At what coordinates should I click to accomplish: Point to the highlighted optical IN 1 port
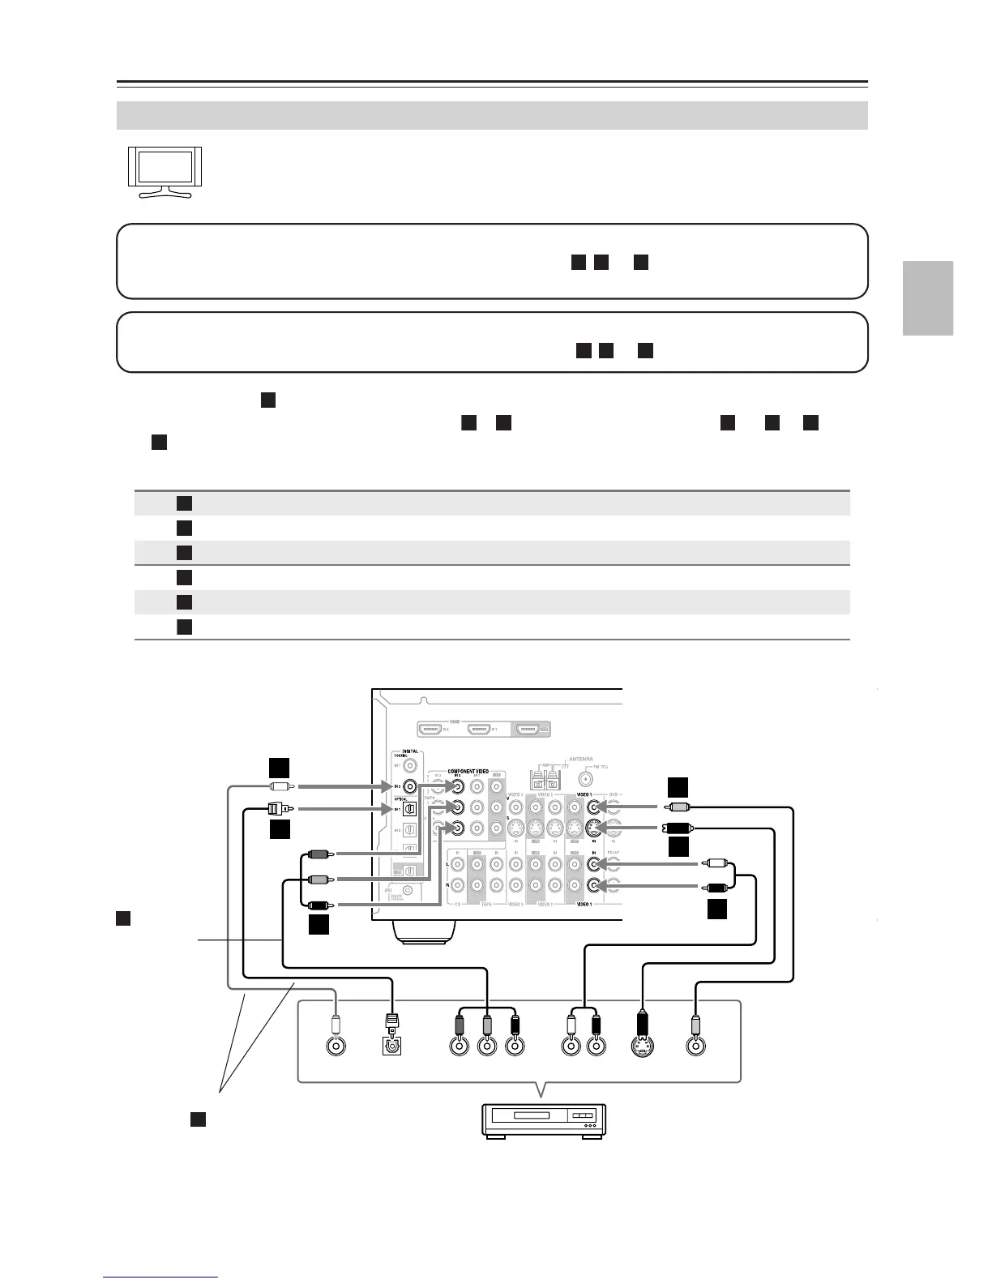coord(410,808)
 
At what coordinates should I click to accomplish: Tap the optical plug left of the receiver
coord(276,808)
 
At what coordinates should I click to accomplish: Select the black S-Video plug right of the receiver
coord(676,828)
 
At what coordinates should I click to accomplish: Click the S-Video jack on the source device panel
coord(642,1046)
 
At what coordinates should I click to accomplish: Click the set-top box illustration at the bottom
coord(543,1121)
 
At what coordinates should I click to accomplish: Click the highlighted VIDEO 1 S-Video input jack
coord(596,828)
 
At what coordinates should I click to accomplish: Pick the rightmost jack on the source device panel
coord(695,1046)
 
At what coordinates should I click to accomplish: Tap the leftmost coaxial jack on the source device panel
coord(336,1046)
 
